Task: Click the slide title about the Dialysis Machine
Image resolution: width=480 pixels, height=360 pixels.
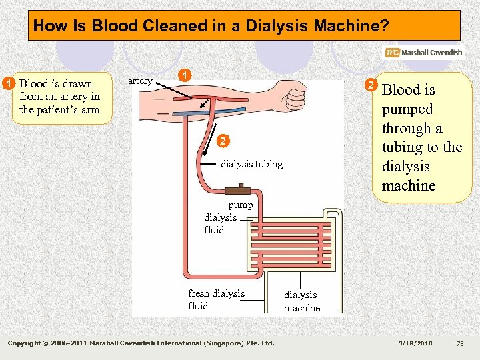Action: point(211,26)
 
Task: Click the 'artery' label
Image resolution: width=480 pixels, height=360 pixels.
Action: point(139,81)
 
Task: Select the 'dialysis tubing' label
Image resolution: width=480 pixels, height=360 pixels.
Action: point(251,164)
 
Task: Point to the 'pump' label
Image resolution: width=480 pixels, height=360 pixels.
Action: point(240,205)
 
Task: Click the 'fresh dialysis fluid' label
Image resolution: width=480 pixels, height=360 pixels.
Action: point(216,300)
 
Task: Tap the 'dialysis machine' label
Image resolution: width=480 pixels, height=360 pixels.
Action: point(301,301)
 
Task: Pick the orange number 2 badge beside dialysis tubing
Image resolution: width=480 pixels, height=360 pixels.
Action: point(224,141)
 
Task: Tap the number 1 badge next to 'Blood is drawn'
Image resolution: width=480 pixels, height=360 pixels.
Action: point(8,84)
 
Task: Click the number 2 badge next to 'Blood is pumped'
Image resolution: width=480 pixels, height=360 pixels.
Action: point(371,85)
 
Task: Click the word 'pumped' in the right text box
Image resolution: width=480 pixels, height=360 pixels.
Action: point(407,109)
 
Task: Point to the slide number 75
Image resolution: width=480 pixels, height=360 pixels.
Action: point(459,343)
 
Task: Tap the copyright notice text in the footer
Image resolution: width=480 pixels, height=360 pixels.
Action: point(141,343)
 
